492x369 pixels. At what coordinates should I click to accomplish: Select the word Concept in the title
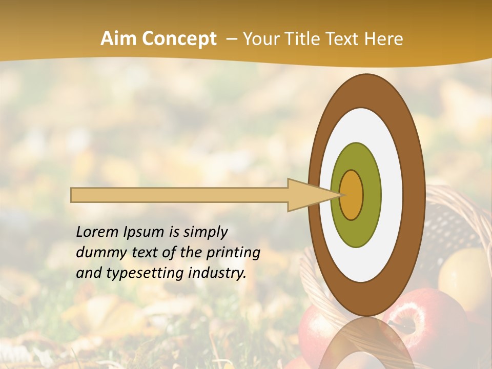(x=179, y=39)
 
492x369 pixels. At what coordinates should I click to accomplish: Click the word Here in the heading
(x=384, y=39)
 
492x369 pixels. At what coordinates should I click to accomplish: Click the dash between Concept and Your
(x=231, y=39)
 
